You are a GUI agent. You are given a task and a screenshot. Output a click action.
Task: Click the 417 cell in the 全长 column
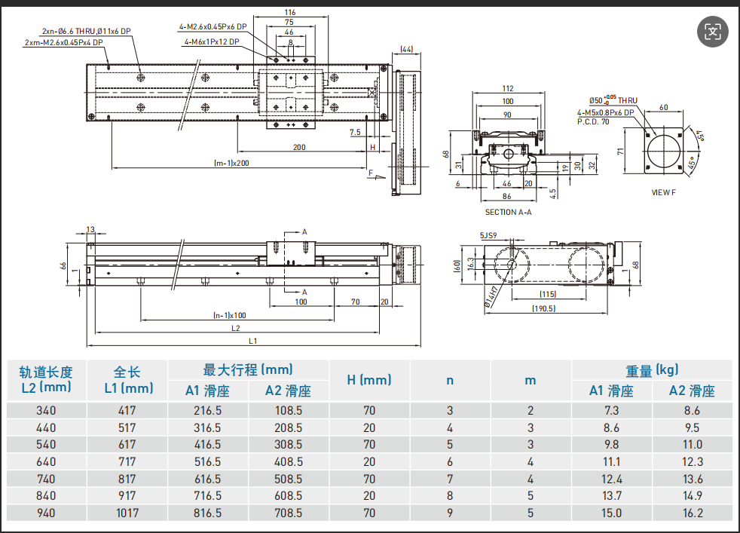tap(126, 411)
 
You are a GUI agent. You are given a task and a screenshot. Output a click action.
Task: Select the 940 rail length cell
tap(47, 513)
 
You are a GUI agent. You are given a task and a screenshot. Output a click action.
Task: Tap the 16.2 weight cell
tap(692, 513)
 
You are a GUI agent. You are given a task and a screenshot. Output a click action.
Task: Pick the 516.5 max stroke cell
tap(207, 462)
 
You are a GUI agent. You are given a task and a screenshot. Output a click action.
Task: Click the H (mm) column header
tap(369, 380)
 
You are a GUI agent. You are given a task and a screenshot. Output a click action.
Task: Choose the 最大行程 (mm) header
tap(248, 370)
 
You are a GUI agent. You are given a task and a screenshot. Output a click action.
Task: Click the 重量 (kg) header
tap(652, 370)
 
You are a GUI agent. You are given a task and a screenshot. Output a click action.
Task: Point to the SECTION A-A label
tap(508, 213)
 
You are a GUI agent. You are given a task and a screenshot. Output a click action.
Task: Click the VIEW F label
tap(664, 192)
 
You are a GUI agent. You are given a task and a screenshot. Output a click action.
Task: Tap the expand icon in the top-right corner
tap(713, 31)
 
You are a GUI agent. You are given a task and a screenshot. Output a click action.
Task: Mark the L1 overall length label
tap(253, 341)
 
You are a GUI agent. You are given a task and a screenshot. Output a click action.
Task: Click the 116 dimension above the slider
tap(291, 13)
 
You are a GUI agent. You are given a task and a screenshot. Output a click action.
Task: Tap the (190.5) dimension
tap(543, 308)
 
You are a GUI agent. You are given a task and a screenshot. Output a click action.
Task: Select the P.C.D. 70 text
tap(593, 121)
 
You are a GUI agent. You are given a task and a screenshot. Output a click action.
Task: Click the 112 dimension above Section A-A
tap(507, 88)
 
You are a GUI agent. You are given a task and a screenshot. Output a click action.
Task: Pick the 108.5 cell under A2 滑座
tap(289, 411)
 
